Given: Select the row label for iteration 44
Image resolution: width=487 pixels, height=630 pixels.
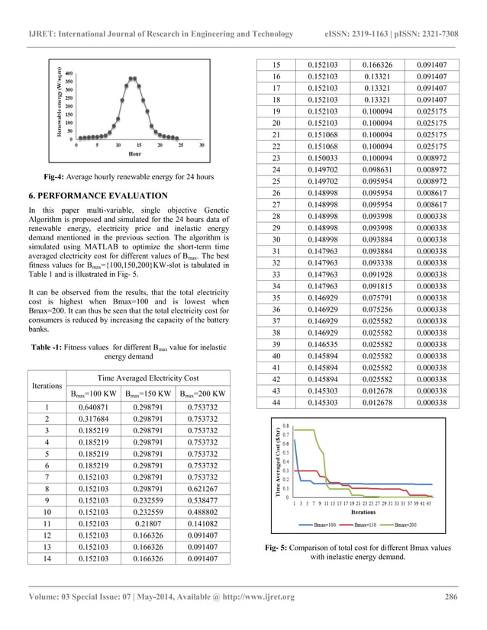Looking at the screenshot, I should coord(276,402).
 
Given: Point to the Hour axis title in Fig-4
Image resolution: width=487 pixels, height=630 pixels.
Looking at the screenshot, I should coord(134,154).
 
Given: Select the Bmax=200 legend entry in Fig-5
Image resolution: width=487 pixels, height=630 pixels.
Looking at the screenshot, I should coord(408,526).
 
